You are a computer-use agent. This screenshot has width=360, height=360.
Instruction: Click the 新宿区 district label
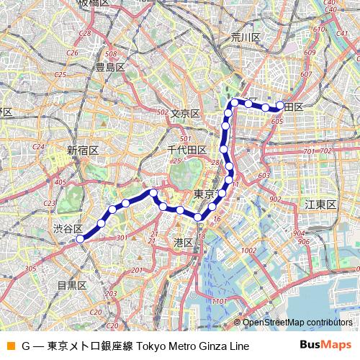(x=83, y=150)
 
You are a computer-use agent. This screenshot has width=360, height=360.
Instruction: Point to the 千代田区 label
(x=187, y=150)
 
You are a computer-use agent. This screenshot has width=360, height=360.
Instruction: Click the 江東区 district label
(x=320, y=205)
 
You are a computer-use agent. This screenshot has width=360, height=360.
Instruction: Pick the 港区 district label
(x=184, y=243)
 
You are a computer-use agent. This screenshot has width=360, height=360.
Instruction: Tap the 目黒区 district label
(x=72, y=285)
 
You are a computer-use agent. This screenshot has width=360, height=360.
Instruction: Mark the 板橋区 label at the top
(x=94, y=3)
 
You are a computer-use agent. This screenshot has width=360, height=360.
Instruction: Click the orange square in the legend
(x=10, y=346)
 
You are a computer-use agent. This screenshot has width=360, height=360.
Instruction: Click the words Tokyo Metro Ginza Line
(x=192, y=346)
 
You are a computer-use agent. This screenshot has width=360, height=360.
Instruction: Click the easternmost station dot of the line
(x=280, y=105)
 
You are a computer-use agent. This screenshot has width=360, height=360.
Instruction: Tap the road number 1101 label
(x=220, y=301)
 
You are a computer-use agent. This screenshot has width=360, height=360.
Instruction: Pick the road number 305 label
(x=31, y=269)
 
